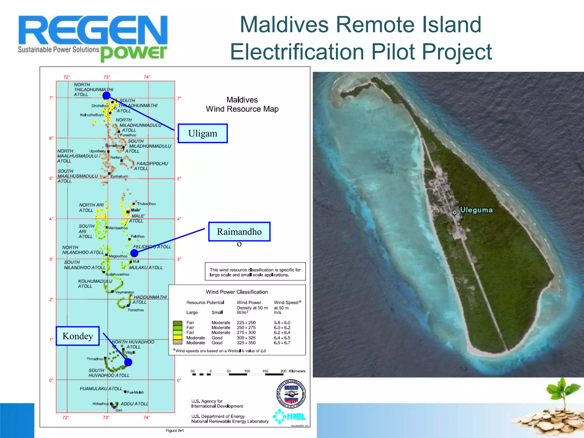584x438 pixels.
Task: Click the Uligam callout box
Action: (x=202, y=133)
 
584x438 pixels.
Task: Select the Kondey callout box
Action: (x=78, y=336)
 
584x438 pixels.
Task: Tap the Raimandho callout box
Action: (x=239, y=232)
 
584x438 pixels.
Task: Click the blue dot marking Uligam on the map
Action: (x=106, y=96)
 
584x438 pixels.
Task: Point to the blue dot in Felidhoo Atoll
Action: (x=134, y=253)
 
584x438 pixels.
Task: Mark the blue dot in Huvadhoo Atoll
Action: (x=128, y=362)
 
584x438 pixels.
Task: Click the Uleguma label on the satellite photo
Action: (x=476, y=210)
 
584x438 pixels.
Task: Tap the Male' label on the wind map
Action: (x=136, y=210)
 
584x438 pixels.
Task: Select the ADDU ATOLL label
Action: (x=134, y=404)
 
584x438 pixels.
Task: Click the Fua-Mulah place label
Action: (x=135, y=392)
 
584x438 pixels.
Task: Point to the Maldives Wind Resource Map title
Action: (x=242, y=104)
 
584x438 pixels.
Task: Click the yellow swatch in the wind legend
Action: (x=178, y=338)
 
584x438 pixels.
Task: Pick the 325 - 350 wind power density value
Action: (x=246, y=343)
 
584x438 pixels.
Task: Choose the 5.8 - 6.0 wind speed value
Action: (x=282, y=323)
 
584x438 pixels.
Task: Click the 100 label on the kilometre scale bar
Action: (x=247, y=371)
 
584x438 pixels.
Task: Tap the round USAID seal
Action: (x=291, y=394)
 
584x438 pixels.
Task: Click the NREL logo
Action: (x=289, y=417)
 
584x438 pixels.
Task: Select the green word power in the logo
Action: (x=133, y=53)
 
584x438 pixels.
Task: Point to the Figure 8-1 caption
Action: (x=175, y=431)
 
